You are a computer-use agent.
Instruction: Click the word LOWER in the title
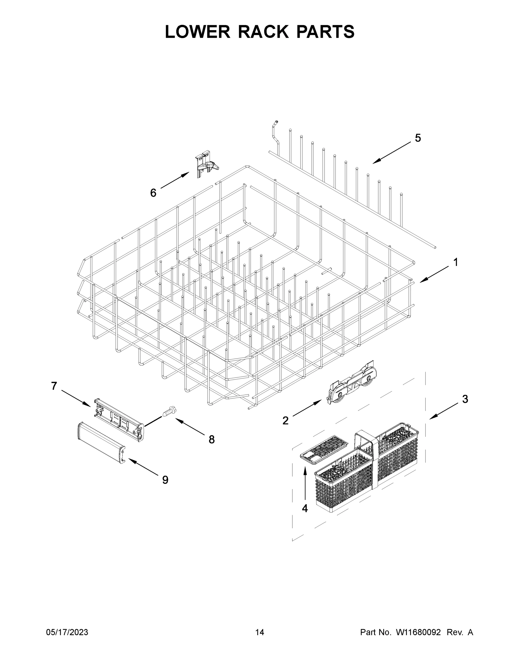(x=198, y=32)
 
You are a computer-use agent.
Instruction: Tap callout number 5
(x=418, y=138)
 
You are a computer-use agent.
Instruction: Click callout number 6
(x=153, y=193)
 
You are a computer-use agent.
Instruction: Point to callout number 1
(x=456, y=262)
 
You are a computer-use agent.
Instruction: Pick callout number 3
(x=465, y=399)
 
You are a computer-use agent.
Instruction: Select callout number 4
(x=305, y=508)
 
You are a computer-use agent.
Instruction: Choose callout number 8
(x=212, y=440)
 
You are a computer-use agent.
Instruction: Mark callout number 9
(x=165, y=480)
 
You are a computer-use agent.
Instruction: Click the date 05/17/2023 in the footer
(x=67, y=632)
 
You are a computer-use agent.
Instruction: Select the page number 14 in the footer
(x=260, y=632)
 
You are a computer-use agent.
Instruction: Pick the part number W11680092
(x=418, y=632)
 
